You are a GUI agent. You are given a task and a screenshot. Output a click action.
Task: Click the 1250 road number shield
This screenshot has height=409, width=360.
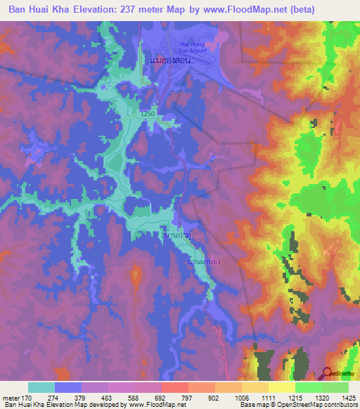[x=147, y=113]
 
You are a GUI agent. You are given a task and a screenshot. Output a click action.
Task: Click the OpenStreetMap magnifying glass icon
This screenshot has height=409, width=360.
[x=326, y=372]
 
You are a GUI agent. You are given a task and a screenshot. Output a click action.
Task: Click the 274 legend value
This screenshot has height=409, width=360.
[x=56, y=397]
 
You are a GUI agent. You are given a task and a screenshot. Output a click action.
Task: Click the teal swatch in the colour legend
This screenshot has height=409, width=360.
[x=41, y=387]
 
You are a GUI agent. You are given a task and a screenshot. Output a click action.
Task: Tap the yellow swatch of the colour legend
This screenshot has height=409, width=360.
[x=281, y=387]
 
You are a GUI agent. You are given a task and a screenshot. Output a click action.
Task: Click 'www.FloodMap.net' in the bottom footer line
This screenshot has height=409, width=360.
[x=149, y=405]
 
